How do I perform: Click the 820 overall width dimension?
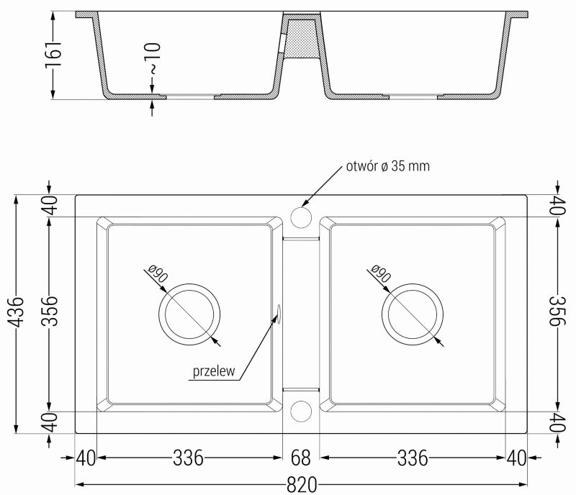pos(301,485)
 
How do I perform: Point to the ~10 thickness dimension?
pos(155,58)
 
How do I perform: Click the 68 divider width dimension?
pos(300,458)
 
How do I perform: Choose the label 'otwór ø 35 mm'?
pos(387,166)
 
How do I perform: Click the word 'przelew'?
pos(214,371)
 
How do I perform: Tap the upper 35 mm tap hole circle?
pos(301,217)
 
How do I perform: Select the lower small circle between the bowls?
pos(301,411)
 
